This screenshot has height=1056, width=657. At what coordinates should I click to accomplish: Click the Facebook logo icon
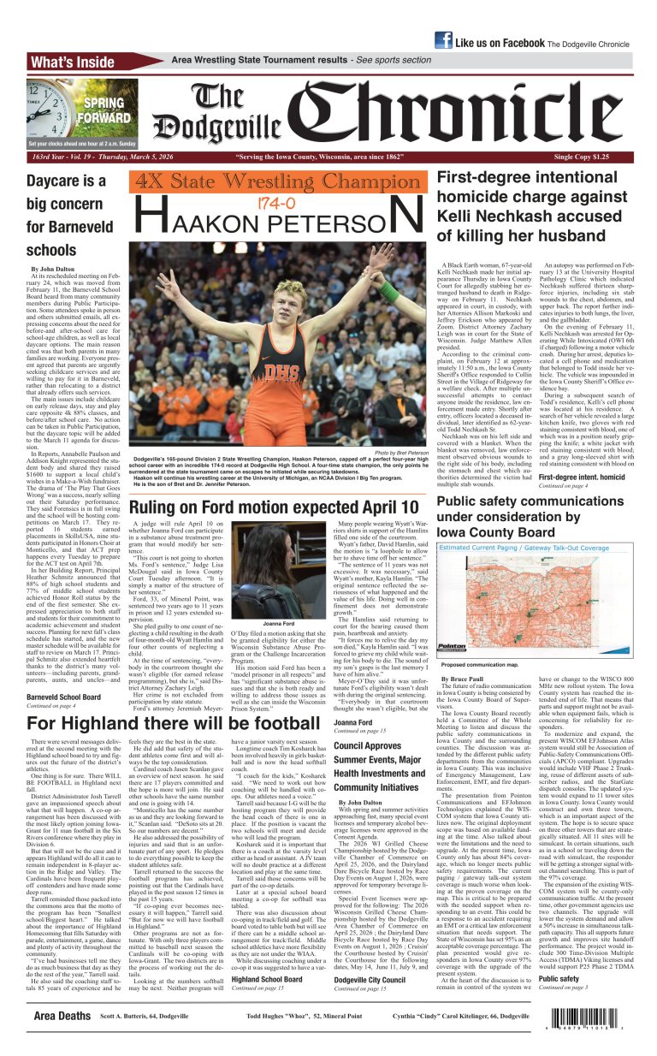point(443,40)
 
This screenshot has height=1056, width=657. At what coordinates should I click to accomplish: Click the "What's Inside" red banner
point(72,62)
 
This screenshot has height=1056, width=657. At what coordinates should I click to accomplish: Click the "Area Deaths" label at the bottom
point(62,1016)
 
